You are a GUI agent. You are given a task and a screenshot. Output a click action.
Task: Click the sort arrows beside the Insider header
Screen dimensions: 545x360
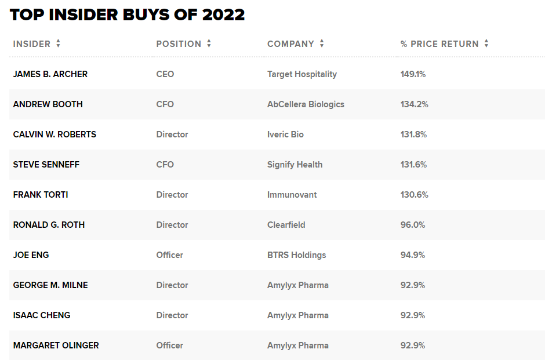coord(59,43)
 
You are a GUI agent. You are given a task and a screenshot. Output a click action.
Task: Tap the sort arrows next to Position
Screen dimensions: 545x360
coord(209,43)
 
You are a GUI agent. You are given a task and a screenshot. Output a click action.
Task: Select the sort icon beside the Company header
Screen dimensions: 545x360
coord(322,43)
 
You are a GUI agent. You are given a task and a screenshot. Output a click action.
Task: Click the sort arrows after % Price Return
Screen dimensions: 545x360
coord(486,43)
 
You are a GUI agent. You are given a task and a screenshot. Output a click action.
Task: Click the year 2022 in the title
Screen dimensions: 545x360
coord(223,15)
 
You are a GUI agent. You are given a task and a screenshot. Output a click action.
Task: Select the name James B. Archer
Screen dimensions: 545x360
coord(50,74)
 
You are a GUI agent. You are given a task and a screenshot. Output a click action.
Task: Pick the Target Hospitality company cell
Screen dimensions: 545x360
coord(302,74)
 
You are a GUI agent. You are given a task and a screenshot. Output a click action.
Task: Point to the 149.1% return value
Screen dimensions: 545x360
coord(413,74)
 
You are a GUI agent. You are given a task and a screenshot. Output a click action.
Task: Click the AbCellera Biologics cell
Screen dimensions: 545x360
coord(306,104)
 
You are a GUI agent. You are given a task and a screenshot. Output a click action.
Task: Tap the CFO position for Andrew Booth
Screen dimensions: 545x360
coord(165,104)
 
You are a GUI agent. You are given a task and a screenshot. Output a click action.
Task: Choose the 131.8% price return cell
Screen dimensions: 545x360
coord(413,134)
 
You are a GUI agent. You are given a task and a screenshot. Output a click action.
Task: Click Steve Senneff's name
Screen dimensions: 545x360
coord(46,165)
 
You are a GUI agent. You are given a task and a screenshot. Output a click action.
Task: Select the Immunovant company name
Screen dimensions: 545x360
coord(292,195)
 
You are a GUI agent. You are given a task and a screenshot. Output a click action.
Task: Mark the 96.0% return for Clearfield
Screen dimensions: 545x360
coord(413,225)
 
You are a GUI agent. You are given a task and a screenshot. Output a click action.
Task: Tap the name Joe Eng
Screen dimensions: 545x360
coord(31,255)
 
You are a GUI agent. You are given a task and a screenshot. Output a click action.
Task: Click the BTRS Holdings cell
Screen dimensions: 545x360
coord(296,255)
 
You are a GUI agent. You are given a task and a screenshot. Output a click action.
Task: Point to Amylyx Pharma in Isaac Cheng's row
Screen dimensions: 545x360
coord(298,315)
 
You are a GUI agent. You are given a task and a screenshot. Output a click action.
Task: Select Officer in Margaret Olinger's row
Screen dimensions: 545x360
coord(170,346)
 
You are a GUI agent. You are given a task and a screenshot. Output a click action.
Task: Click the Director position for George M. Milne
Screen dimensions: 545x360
coord(172,285)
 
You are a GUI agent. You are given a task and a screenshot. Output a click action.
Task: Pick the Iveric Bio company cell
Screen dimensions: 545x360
coord(285,134)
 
